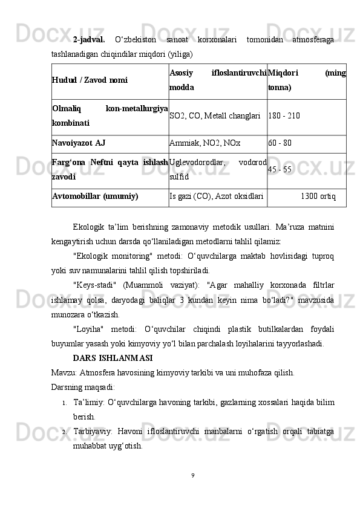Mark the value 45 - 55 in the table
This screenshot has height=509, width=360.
point(280,169)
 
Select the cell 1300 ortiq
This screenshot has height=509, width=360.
point(318,196)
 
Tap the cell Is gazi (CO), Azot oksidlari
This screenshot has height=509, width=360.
point(217,196)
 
